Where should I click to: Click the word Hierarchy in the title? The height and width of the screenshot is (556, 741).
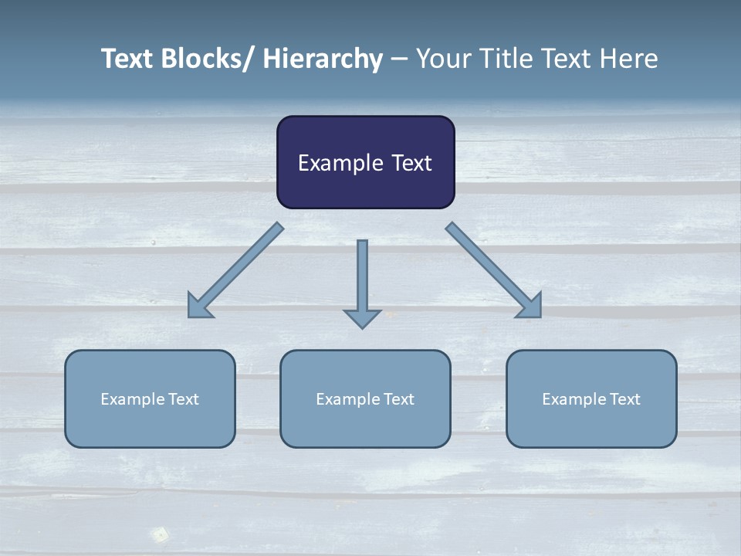click(x=323, y=59)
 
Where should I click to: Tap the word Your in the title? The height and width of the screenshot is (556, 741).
click(x=443, y=59)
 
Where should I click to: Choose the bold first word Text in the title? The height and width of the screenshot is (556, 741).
click(x=128, y=59)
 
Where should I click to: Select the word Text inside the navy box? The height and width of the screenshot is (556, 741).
click(x=411, y=163)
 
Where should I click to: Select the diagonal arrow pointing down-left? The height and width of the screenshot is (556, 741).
click(x=235, y=270)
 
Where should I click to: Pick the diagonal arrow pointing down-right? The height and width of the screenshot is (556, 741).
click(x=494, y=270)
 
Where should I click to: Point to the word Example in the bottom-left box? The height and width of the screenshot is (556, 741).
click(x=132, y=399)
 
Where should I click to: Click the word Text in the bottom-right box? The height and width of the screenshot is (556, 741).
click(x=624, y=399)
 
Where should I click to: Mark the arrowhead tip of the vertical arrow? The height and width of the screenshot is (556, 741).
click(x=362, y=327)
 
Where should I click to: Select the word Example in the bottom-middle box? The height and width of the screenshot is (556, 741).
click(x=347, y=399)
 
